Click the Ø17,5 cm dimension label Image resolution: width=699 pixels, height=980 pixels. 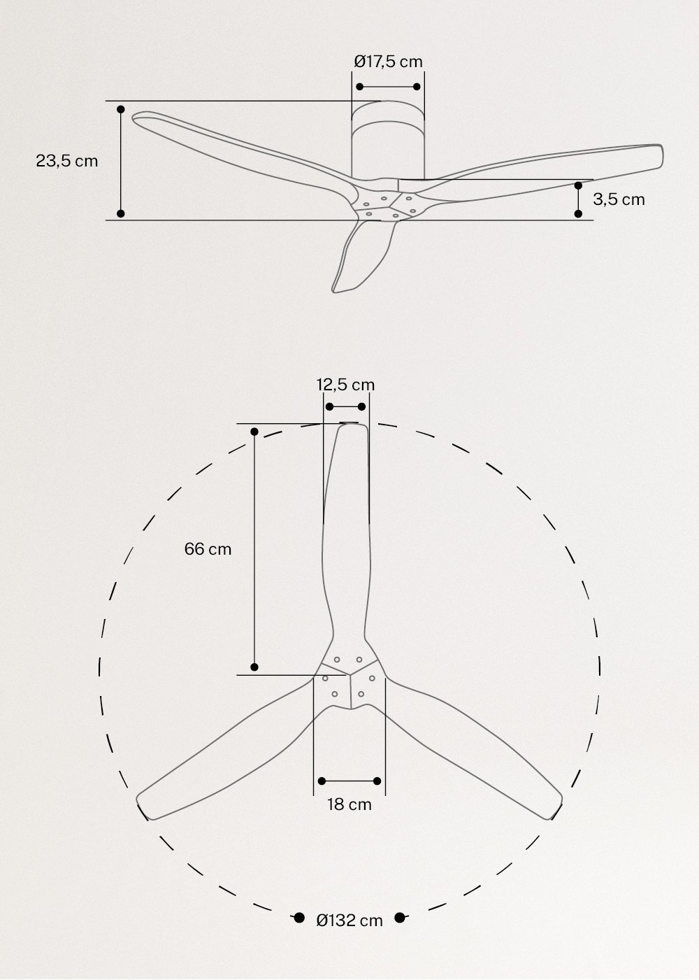coord(388,62)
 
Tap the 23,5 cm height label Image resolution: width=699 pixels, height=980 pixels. coord(67,161)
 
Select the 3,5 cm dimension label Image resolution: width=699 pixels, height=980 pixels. coord(619,199)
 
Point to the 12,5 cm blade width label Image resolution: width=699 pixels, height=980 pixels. coord(345,385)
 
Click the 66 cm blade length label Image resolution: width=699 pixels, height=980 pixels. coord(208,549)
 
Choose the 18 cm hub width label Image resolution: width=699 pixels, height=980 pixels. coord(349,804)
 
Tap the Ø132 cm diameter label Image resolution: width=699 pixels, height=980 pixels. coord(349,921)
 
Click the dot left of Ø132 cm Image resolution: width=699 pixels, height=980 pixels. coord(298,918)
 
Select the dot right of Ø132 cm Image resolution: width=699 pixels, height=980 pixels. coord(400,918)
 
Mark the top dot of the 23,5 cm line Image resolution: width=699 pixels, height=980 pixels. coord(120,110)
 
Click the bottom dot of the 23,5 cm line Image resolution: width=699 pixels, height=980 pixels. coord(120,213)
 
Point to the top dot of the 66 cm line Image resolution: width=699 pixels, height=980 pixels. coord(254,432)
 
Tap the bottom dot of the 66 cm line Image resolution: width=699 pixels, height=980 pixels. coord(254,667)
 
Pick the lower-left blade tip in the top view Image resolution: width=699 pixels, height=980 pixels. coord(143,804)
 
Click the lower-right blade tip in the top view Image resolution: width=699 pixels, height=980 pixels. coord(556,804)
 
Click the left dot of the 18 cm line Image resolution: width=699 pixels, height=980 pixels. coord(322,781)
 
